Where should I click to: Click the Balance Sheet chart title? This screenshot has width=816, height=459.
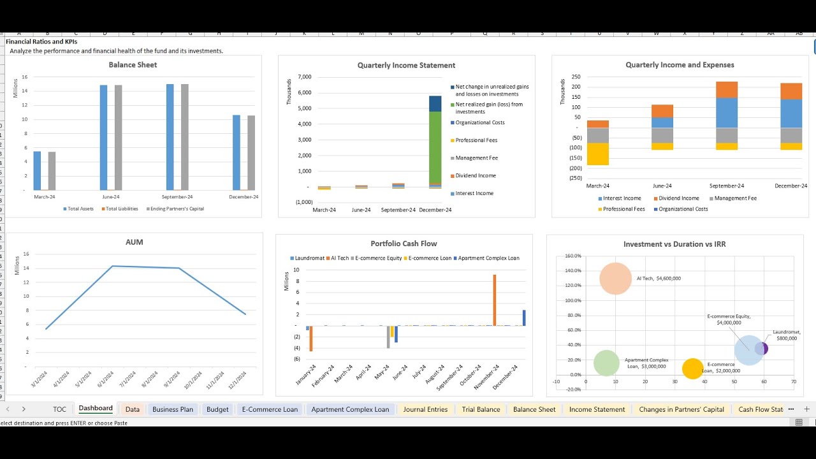pyautogui.click(x=133, y=65)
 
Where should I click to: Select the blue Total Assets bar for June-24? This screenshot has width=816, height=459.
pyautogui.click(x=103, y=137)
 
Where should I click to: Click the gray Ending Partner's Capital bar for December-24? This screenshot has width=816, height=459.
pyautogui.click(x=251, y=153)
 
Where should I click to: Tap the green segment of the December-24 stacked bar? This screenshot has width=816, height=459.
pyautogui.click(x=435, y=147)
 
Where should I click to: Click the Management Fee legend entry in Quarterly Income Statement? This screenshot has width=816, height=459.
pyautogui.click(x=476, y=158)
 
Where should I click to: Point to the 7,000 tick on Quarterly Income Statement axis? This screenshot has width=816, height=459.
pyautogui.click(x=304, y=77)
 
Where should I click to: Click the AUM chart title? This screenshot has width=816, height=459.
pyautogui.click(x=135, y=242)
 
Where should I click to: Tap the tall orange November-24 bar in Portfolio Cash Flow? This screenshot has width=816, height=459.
pyautogui.click(x=494, y=300)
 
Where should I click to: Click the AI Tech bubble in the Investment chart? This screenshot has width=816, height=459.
pyautogui.click(x=616, y=279)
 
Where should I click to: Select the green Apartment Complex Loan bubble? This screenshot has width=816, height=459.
pyautogui.click(x=606, y=363)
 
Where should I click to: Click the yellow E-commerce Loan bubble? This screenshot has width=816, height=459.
pyautogui.click(x=692, y=368)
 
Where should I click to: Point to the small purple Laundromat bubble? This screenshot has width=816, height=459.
pyautogui.click(x=762, y=349)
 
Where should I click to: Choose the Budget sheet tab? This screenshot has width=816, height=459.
pyautogui.click(x=217, y=409)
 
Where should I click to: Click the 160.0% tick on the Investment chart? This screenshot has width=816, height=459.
pyautogui.click(x=572, y=256)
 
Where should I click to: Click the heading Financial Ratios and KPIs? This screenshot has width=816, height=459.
pyautogui.click(x=41, y=41)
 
